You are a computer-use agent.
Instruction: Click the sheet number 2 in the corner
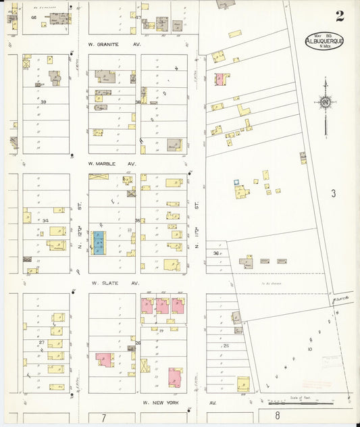338,16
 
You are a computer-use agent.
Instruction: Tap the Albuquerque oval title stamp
324,41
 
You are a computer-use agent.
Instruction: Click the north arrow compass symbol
325,103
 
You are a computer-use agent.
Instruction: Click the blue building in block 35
99,243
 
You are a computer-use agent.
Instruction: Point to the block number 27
41,343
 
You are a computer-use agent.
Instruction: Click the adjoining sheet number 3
333,194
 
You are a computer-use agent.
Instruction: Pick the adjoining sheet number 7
103,418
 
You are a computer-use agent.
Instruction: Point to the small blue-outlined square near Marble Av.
236,182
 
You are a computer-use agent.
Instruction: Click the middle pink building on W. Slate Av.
163,305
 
